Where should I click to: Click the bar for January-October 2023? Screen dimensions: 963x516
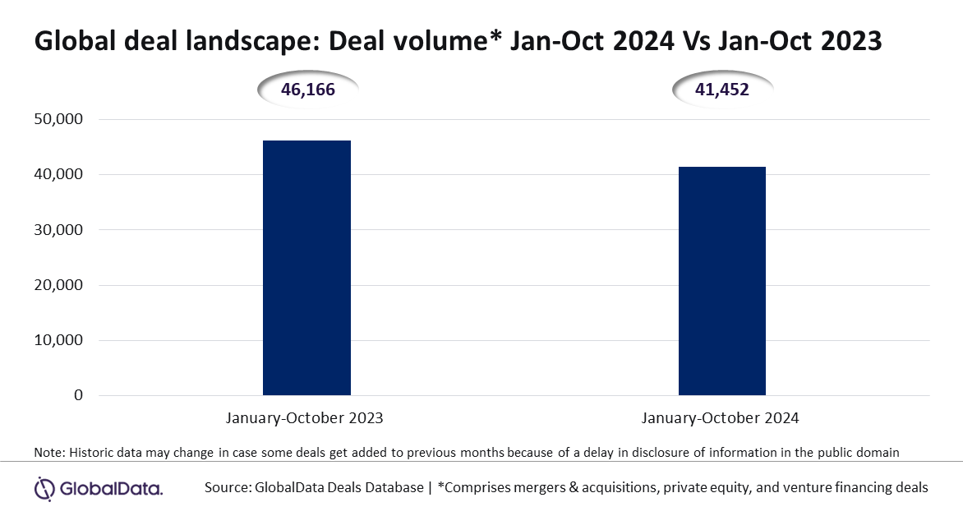coord(306,268)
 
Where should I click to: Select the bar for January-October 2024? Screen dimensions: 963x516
coord(721,281)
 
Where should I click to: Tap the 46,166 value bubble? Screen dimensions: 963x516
coord(307,90)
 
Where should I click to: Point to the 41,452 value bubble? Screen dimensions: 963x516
coord(722,90)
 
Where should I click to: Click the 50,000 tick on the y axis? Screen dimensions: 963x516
coord(58,118)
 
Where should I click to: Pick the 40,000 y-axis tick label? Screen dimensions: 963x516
coord(58,174)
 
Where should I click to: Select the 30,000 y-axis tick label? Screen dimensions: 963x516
coord(58,230)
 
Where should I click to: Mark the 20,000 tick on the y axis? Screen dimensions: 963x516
coord(58,285)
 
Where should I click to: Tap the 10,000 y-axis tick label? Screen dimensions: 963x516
coord(58,339)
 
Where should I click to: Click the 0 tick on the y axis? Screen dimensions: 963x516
coord(78,395)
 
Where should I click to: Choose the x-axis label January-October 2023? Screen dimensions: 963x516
coord(304,418)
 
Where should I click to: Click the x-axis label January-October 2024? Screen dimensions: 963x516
coord(721,418)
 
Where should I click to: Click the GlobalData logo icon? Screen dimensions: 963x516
coord(45,489)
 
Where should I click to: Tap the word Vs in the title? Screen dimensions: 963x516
coord(694,42)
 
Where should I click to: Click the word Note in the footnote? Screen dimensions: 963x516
coord(48,453)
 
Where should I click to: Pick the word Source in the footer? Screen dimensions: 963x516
coord(226,488)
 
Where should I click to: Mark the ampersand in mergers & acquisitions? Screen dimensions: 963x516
coord(574,488)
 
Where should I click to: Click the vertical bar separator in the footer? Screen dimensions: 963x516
coord(431,488)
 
